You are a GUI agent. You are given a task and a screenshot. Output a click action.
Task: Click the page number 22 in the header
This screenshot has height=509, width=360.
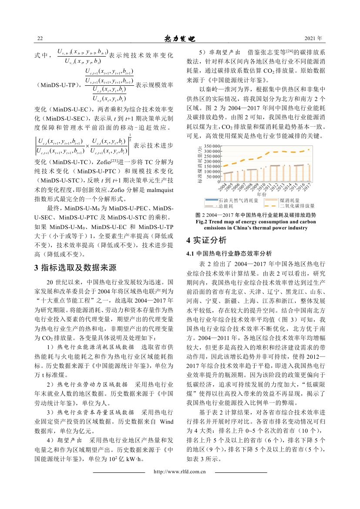(40, 39)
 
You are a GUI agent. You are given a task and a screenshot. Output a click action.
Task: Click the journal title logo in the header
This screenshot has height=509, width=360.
(180, 38)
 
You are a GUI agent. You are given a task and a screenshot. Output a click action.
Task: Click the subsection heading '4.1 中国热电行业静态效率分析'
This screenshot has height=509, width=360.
(229, 253)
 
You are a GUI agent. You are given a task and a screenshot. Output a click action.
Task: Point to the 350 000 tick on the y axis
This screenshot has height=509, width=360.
(210, 145)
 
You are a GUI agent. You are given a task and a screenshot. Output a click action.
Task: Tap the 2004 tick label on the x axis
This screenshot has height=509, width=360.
(222, 188)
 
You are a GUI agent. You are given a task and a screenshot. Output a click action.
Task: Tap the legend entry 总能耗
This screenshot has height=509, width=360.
(226, 205)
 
